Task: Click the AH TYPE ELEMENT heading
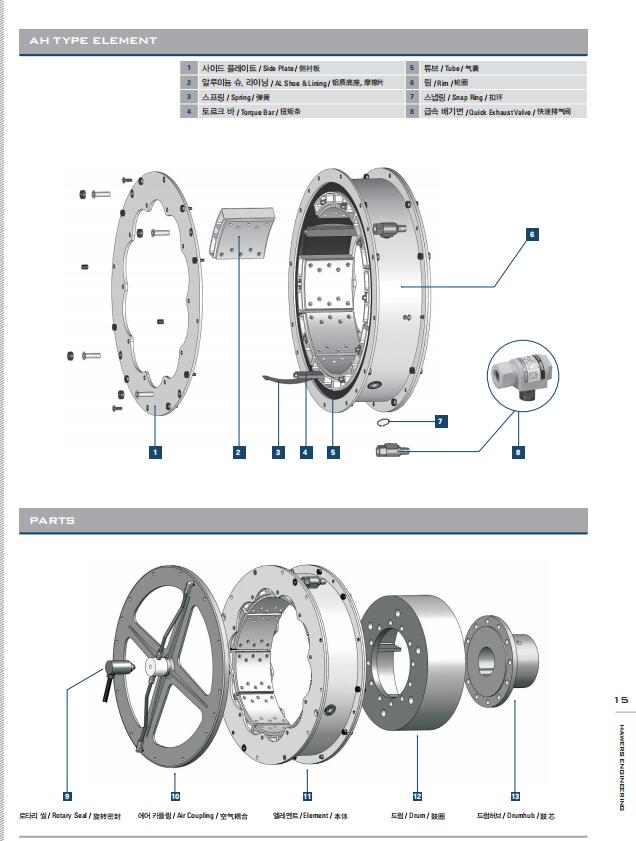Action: tap(93, 41)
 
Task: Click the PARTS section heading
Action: tap(52, 520)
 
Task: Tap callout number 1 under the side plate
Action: tap(155, 452)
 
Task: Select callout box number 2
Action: tap(238, 452)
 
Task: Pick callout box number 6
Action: tap(532, 234)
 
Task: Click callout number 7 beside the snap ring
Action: tap(440, 422)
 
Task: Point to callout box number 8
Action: tap(518, 452)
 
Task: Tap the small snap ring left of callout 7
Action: tap(388, 422)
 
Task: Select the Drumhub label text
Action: tap(516, 816)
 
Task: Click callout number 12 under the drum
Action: tap(417, 796)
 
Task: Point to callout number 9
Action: tap(67, 796)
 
